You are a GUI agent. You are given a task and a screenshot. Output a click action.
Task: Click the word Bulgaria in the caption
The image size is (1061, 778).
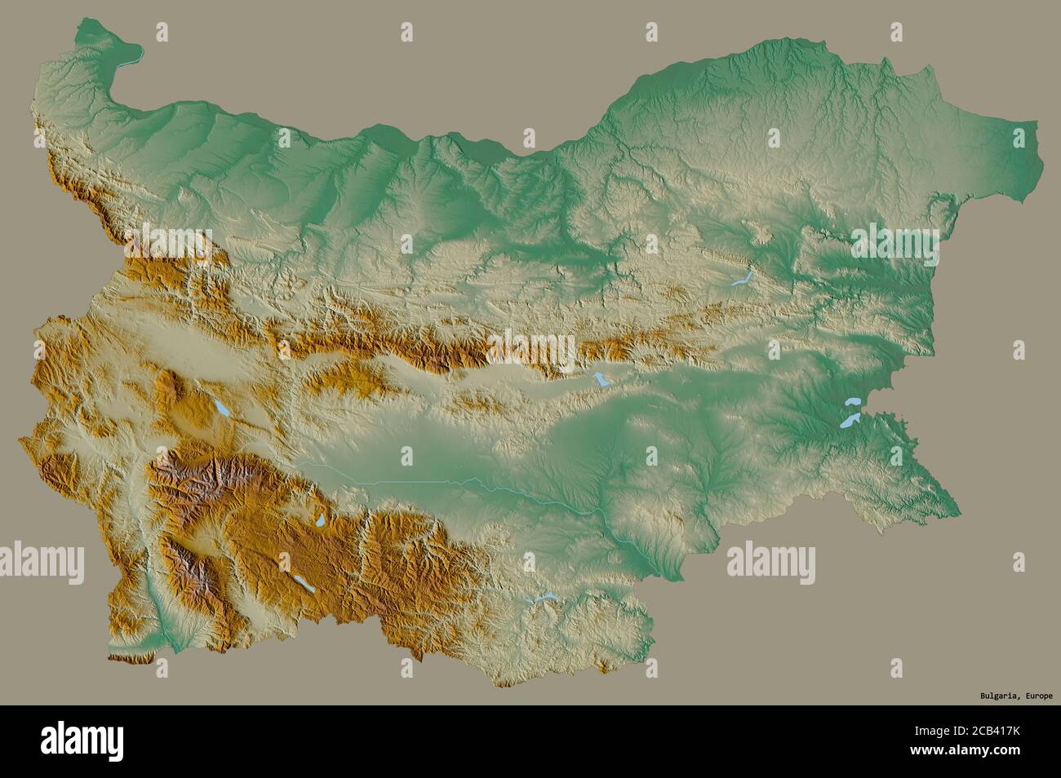point(998,696)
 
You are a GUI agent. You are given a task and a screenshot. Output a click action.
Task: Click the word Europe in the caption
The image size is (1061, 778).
point(1037,696)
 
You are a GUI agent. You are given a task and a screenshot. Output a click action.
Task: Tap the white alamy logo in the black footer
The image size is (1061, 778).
point(82,740)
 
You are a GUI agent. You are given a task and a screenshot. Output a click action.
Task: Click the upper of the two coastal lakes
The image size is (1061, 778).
point(854,402)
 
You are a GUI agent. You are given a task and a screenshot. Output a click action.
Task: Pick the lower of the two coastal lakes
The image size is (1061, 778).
point(850,421)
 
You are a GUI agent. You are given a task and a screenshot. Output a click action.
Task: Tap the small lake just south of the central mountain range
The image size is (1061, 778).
point(602,381)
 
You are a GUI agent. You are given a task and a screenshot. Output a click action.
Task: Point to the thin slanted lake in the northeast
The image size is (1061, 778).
point(741,280)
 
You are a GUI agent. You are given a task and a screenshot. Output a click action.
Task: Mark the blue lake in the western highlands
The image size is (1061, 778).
point(221,409)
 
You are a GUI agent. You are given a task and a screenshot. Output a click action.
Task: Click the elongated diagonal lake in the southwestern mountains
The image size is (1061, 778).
point(304,582)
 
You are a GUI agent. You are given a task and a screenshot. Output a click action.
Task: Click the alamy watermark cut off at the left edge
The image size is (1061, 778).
point(41,561)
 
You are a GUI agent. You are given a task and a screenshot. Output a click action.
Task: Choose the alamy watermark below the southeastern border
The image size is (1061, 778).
point(770,561)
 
